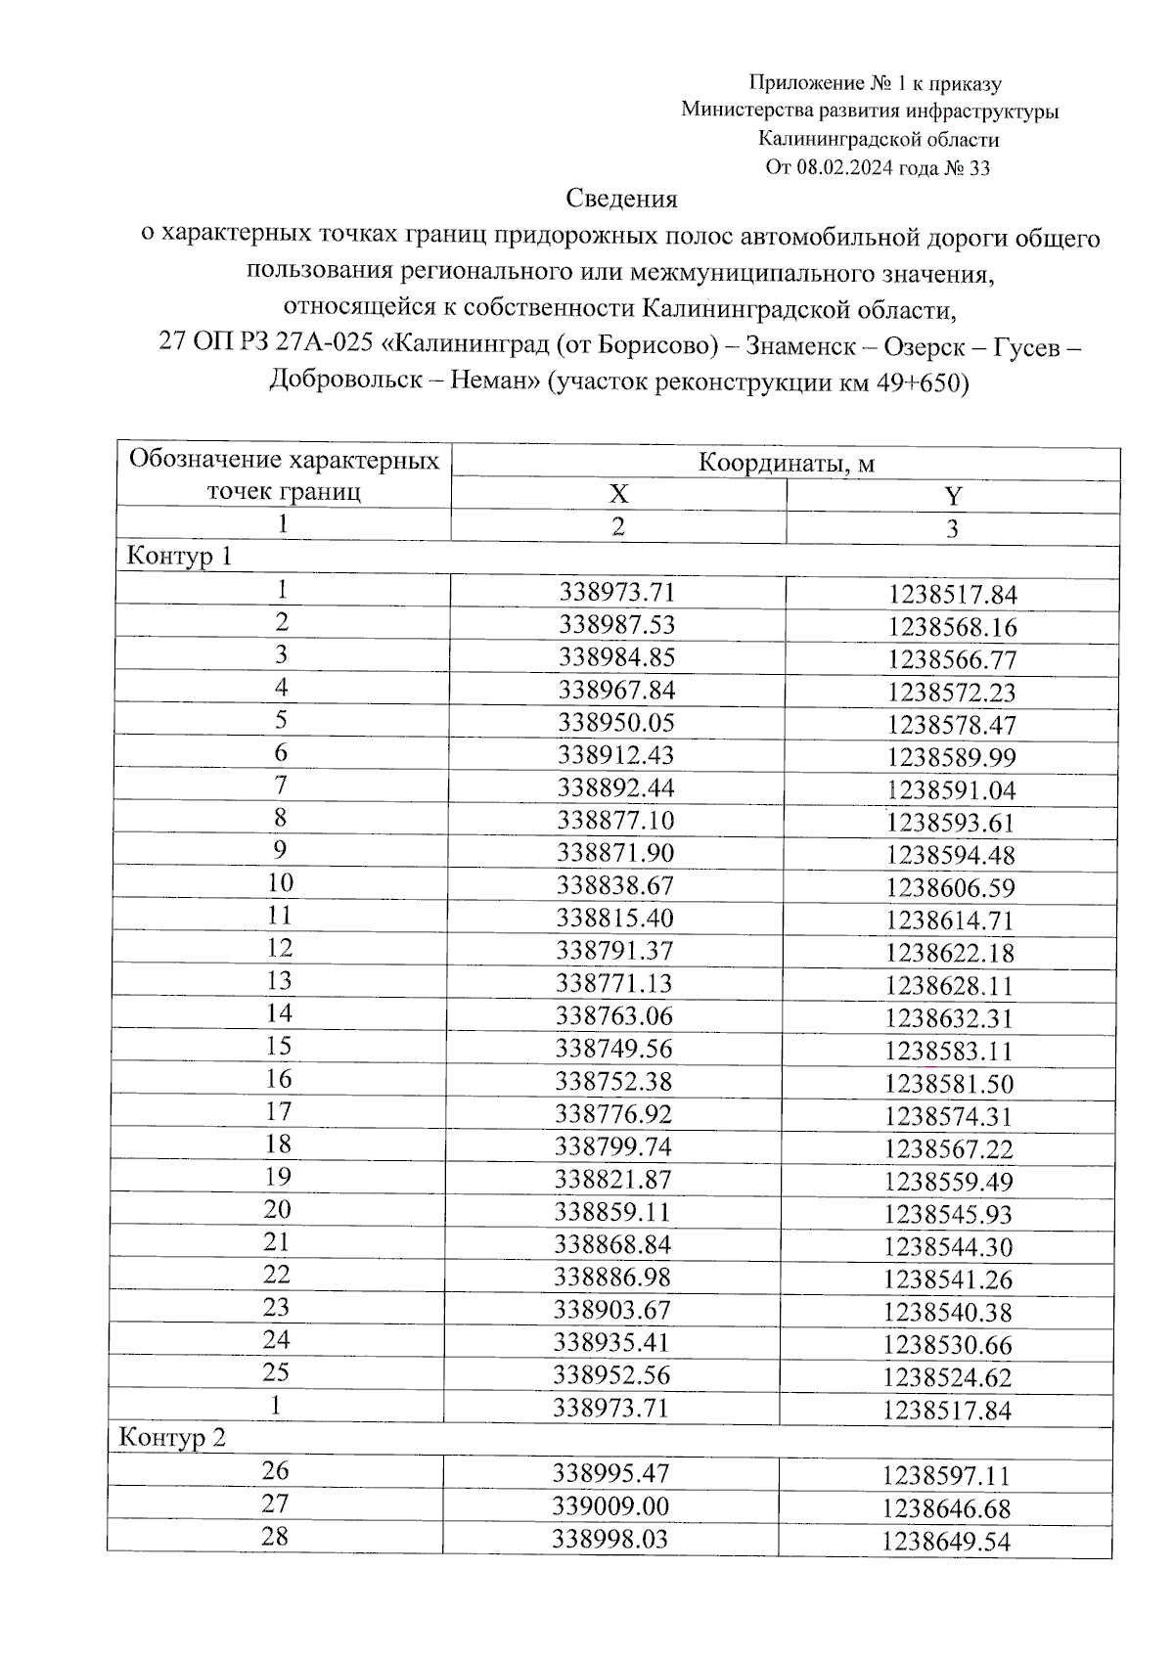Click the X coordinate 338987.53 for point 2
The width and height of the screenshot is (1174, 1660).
(x=616, y=624)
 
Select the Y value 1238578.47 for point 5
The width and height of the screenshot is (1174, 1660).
(x=952, y=725)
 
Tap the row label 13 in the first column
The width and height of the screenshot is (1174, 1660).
(x=280, y=980)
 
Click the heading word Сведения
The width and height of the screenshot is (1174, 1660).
(x=621, y=200)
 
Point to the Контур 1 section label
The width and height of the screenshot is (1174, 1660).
(x=179, y=558)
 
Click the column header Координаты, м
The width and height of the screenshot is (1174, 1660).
(x=786, y=463)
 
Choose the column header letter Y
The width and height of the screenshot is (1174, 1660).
(x=953, y=497)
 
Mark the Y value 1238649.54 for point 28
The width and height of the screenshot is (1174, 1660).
(x=946, y=1543)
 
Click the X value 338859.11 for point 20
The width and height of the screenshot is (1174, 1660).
(x=613, y=1212)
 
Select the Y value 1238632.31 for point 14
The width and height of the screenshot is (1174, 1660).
(x=949, y=1018)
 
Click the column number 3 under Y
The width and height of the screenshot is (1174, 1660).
(x=952, y=529)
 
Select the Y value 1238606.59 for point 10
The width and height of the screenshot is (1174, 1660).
(x=951, y=888)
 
